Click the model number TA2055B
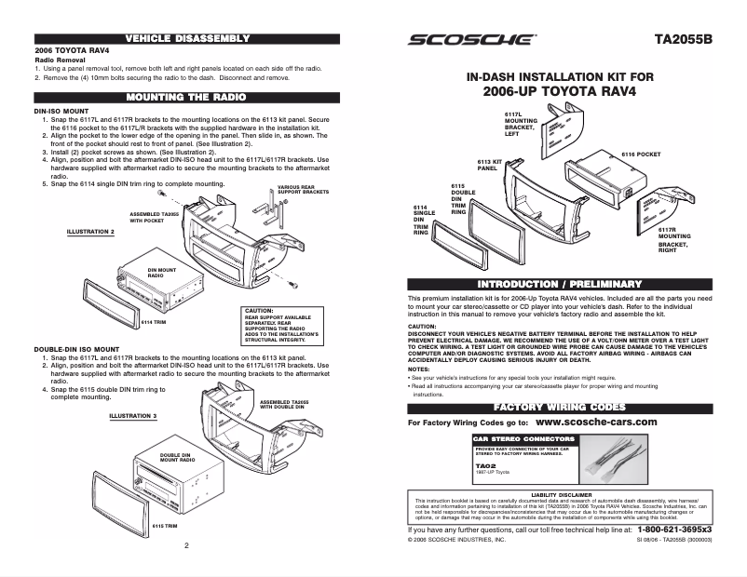[684, 40]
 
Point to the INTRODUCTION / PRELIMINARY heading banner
[560, 283]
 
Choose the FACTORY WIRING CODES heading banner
[560, 408]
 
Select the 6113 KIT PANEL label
[490, 165]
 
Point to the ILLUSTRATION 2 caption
[89, 230]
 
